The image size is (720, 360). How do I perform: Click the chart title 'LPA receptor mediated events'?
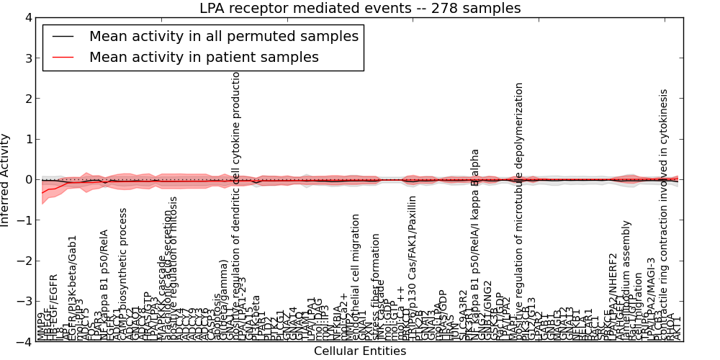pos(360,9)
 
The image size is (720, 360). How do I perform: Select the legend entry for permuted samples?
pos(223,36)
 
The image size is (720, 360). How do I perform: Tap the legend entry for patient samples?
pos(204,57)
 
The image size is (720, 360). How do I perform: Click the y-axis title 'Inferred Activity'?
pos(6,180)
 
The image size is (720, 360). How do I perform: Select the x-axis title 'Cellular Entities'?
pos(360,351)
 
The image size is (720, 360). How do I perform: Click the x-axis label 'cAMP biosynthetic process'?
pos(123,274)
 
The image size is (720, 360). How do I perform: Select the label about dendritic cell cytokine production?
pos(235,209)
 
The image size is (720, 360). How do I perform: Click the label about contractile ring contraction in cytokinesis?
pos(663,216)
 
